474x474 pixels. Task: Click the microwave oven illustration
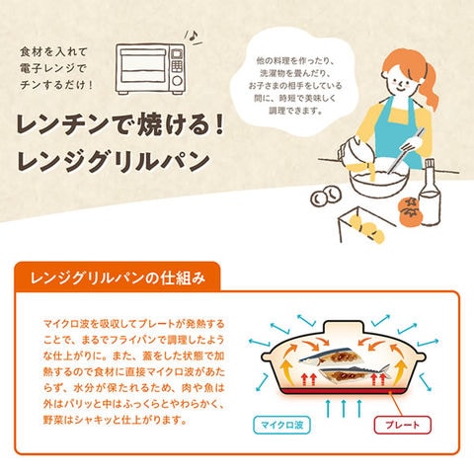(x=150, y=69)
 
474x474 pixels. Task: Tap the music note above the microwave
(x=194, y=35)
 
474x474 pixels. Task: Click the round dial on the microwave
(x=177, y=81)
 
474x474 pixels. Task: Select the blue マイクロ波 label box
(x=281, y=425)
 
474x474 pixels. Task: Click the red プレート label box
(x=403, y=425)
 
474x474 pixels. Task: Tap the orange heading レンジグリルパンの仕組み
(x=118, y=278)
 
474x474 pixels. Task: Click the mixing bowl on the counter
(x=379, y=178)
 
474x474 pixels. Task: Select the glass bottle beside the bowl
(x=430, y=194)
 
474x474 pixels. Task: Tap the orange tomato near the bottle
(x=410, y=210)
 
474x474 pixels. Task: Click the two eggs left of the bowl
(x=326, y=197)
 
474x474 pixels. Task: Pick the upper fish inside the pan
(x=329, y=357)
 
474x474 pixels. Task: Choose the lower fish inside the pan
(x=355, y=373)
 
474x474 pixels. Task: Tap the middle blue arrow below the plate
(x=344, y=408)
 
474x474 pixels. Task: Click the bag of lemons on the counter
(x=366, y=226)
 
